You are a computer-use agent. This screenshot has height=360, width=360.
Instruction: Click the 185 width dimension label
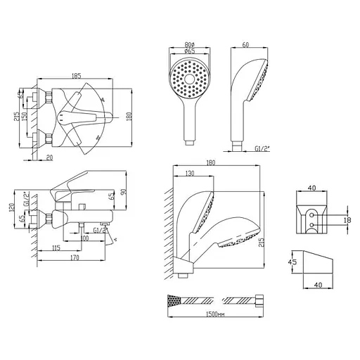(77, 76)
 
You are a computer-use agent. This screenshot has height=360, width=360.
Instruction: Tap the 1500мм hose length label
(215, 314)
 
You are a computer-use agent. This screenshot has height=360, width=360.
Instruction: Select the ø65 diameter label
(190, 51)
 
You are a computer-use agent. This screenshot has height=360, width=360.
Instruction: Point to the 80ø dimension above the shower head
(190, 44)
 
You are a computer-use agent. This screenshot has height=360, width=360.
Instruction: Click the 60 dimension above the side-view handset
(245, 44)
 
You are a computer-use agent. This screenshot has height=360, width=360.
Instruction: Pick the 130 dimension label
(190, 173)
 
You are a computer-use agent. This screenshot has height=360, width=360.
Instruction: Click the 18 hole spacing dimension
(348, 220)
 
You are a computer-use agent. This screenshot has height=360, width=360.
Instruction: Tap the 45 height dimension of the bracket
(293, 262)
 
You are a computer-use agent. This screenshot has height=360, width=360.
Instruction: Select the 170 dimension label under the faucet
(75, 257)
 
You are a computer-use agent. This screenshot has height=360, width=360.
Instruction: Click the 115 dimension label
(56, 247)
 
